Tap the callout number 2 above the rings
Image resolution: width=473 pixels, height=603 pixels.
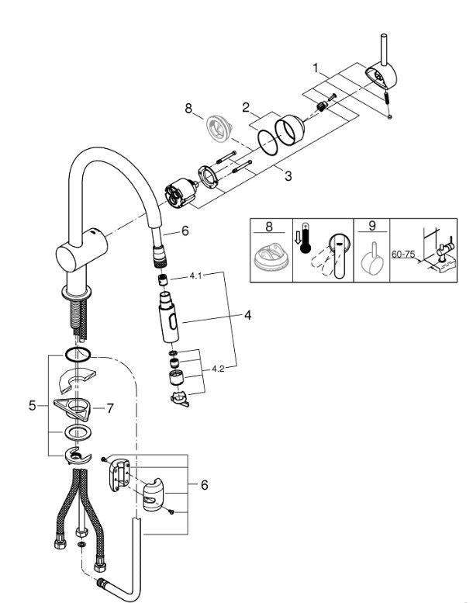(x=245, y=108)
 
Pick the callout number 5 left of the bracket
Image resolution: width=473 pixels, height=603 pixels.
(x=33, y=404)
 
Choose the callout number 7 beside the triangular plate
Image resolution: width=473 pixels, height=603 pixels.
(x=110, y=407)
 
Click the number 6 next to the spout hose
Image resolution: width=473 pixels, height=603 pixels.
(x=185, y=230)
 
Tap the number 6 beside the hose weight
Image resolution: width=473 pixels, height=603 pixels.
(x=204, y=485)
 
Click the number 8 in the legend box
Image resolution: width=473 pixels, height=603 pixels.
(x=269, y=227)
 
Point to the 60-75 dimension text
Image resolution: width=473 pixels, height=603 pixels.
(x=404, y=253)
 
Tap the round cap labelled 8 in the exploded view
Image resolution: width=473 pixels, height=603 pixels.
(x=215, y=127)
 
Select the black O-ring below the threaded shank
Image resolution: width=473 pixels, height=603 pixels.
(x=78, y=355)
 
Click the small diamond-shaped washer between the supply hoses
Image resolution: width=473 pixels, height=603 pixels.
(x=81, y=546)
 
